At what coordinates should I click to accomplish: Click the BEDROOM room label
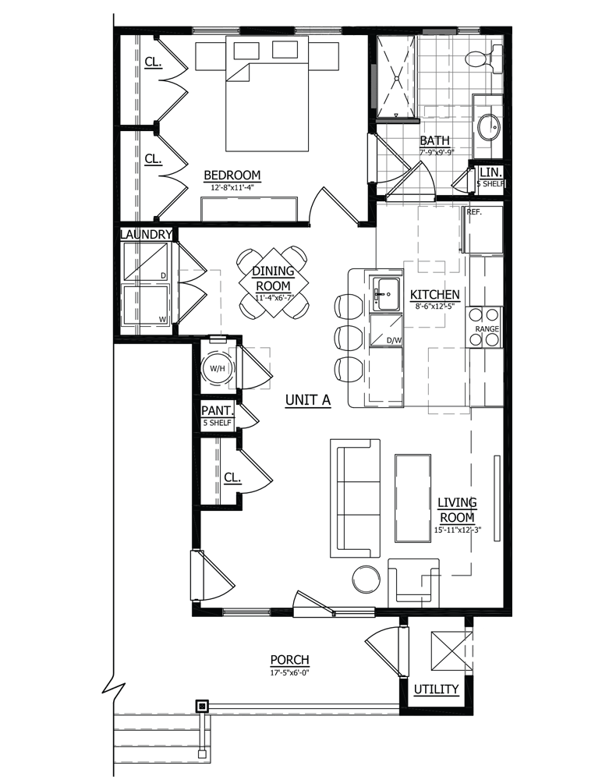click(232, 175)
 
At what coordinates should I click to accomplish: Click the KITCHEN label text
click(435, 295)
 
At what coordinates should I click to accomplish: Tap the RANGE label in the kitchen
click(487, 329)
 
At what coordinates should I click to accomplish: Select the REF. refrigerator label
click(474, 211)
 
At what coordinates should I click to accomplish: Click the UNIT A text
click(308, 400)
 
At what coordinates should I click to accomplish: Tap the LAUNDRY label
click(145, 234)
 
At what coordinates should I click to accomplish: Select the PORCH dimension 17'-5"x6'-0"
click(289, 672)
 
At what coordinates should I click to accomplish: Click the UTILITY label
click(436, 690)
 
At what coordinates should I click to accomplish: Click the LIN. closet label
click(491, 172)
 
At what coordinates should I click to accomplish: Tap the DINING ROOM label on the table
click(273, 277)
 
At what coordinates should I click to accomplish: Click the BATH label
click(434, 141)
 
